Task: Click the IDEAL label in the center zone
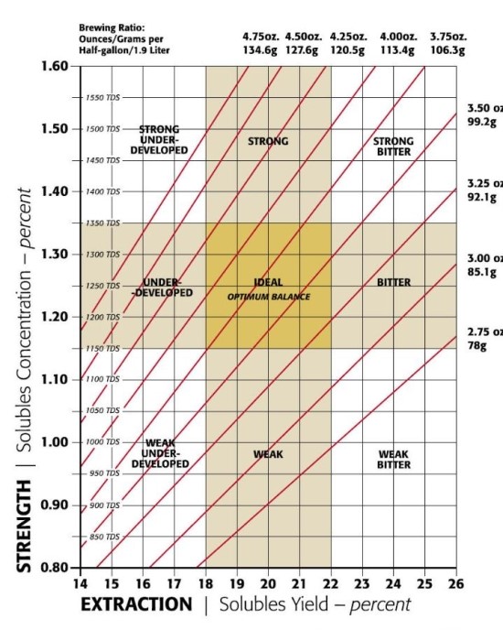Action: (268, 283)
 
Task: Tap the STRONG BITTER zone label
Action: (394, 147)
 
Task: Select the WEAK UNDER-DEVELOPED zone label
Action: (167, 453)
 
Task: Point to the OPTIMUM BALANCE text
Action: (269, 298)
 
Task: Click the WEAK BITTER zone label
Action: (394, 460)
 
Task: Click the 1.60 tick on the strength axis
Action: (55, 67)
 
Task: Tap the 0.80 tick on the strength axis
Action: (55, 567)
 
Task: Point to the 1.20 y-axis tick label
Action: (55, 317)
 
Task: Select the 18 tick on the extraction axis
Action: (205, 583)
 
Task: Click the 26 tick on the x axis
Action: (456, 583)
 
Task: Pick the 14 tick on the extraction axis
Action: (80, 583)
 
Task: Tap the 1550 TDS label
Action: (102, 97)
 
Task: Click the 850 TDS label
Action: (102, 537)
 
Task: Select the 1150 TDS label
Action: (102, 349)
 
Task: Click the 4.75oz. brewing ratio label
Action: (261, 38)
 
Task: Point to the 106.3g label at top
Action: (449, 50)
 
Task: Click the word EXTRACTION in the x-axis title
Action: (136, 605)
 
